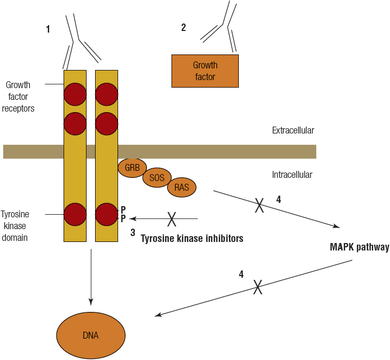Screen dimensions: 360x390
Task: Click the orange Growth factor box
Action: coord(205,71)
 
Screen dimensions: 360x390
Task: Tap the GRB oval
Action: coord(132,168)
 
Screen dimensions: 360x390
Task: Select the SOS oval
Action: coord(157,178)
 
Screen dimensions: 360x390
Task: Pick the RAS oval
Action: coord(182,187)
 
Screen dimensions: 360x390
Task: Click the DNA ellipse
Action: coord(91,335)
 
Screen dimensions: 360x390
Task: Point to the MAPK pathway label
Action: coord(359,248)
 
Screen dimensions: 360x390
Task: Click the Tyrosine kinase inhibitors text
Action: coord(192,239)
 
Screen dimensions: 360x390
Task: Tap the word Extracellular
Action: coord(293,130)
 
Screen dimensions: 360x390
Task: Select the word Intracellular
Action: coord(292,175)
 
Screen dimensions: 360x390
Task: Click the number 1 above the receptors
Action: coord(48,29)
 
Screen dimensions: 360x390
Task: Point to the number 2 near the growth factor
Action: coord(183,27)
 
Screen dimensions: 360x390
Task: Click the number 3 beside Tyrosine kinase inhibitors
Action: coord(132,233)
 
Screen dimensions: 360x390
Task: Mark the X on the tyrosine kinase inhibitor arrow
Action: coord(172,218)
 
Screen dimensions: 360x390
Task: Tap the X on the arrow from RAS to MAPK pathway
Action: coord(259,205)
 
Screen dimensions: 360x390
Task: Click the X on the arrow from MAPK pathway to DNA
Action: coord(258,287)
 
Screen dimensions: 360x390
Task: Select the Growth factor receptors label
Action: coord(19,97)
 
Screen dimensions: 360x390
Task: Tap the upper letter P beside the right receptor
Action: coord(123,209)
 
